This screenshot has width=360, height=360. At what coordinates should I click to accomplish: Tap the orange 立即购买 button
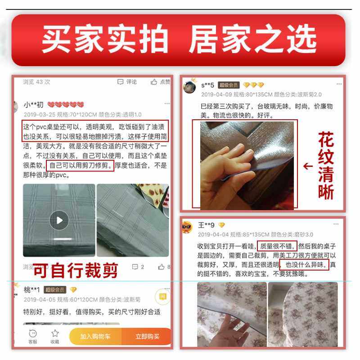tap(147, 336)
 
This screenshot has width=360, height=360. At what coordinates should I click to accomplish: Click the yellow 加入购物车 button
tap(95, 336)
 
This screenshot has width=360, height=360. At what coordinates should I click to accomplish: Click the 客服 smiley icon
tap(33, 333)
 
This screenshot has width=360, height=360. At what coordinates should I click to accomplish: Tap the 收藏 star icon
tap(55, 333)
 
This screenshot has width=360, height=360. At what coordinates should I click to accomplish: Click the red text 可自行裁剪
tap(76, 270)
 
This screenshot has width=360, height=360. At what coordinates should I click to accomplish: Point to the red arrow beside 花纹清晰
tap(308, 166)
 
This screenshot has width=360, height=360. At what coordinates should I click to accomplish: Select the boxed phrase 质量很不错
tap(276, 246)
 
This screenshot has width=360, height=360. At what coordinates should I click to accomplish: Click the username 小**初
tap(34, 105)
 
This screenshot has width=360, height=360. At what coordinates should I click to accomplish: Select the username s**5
tap(207, 85)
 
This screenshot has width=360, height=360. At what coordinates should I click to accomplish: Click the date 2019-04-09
tap(216, 95)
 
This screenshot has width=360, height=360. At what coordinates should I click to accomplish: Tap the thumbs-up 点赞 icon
tap(154, 82)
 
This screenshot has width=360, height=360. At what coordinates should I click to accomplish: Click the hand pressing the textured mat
tap(225, 171)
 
